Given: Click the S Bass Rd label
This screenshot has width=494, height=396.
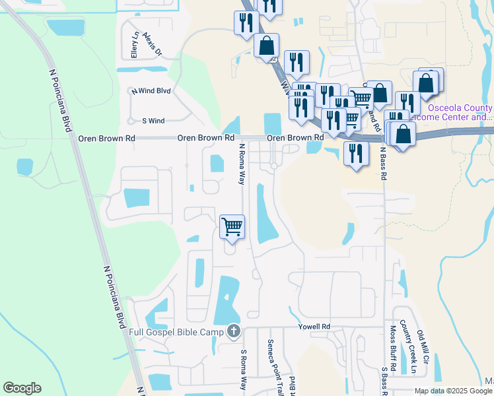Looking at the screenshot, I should point(383,380).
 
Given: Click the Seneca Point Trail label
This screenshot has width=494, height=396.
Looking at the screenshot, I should point(270,361).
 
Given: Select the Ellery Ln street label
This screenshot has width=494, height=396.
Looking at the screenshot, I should point(135,45).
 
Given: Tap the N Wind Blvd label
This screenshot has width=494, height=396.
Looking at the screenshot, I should point(151,91).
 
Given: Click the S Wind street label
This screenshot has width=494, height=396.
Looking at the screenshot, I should point(153,121).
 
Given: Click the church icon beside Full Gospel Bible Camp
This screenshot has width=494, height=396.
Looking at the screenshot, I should point(233,331).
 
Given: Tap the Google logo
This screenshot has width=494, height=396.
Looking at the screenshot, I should point(22,388).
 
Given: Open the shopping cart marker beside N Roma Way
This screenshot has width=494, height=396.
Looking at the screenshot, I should point(232,226).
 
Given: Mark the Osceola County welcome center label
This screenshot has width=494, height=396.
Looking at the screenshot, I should point(460,112).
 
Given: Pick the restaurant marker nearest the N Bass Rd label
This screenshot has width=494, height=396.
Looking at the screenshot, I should point(356,153).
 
